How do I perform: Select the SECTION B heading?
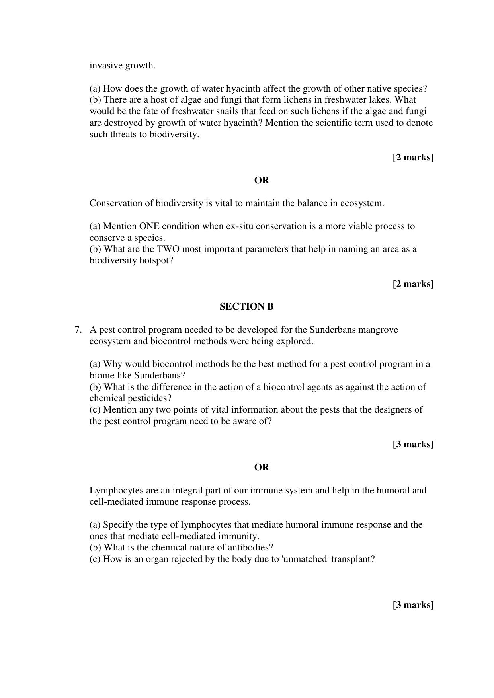click(246, 306)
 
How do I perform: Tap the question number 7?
click(78, 330)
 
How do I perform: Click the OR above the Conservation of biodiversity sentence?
click(262, 180)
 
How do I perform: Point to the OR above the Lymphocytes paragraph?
click(262, 467)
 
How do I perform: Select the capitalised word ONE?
click(148, 226)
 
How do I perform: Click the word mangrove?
click(378, 330)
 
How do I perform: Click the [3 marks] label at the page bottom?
click(413, 605)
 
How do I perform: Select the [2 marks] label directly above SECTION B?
click(413, 284)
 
